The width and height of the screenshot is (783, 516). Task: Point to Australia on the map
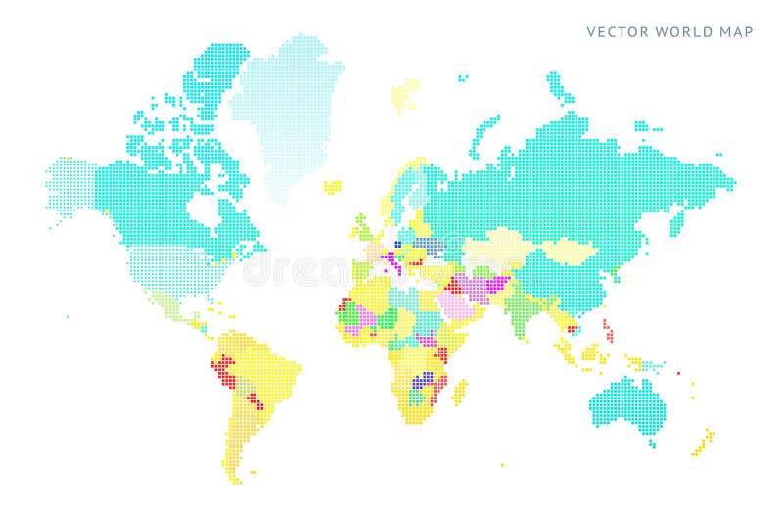(x=631, y=401)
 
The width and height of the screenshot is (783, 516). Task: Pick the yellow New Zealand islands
(x=703, y=443)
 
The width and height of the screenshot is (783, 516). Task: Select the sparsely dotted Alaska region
(x=73, y=191)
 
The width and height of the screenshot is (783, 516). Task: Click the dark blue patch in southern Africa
(x=424, y=382)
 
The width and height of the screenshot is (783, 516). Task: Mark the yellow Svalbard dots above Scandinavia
(x=400, y=97)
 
